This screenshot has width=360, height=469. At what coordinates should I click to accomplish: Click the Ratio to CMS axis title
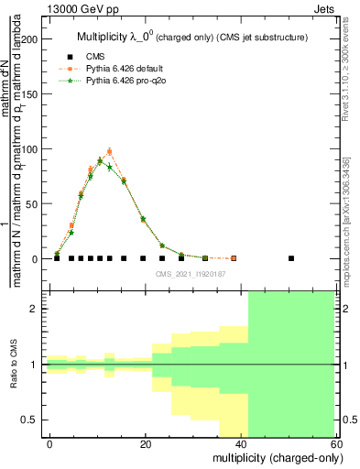pyautogui.click(x=13, y=365)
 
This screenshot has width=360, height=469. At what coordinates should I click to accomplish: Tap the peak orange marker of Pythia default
pyautogui.click(x=109, y=152)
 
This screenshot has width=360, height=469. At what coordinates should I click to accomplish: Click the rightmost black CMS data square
pyautogui.click(x=291, y=258)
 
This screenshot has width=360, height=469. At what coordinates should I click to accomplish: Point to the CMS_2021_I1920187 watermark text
pyautogui.click(x=191, y=273)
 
